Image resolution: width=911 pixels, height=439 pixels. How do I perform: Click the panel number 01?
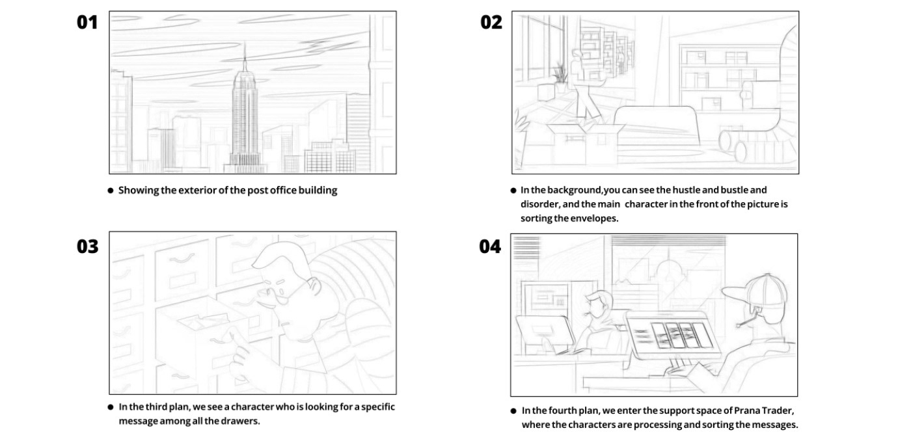(x=87, y=22)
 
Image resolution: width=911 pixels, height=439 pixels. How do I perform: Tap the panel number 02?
(x=491, y=22)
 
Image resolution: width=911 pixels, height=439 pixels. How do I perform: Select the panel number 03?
(x=87, y=246)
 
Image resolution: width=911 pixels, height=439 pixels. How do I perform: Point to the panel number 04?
(x=490, y=246)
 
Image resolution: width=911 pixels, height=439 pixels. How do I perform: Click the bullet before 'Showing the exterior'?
(x=111, y=191)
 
